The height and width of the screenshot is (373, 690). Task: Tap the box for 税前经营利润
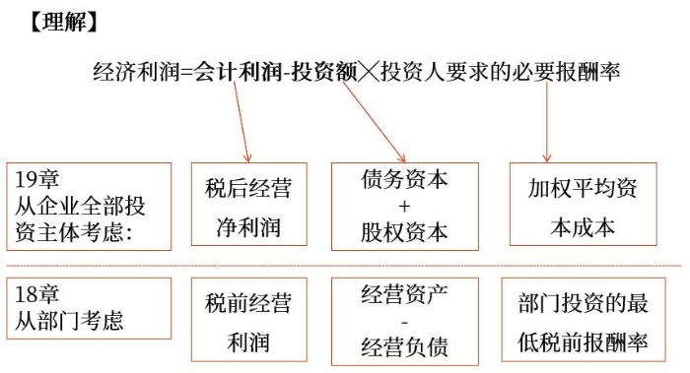coord(248,321)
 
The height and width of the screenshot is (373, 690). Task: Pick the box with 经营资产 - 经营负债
coord(404,321)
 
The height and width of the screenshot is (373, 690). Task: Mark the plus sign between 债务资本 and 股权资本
coord(404,207)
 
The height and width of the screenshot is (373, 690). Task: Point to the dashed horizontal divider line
coord(345,266)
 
